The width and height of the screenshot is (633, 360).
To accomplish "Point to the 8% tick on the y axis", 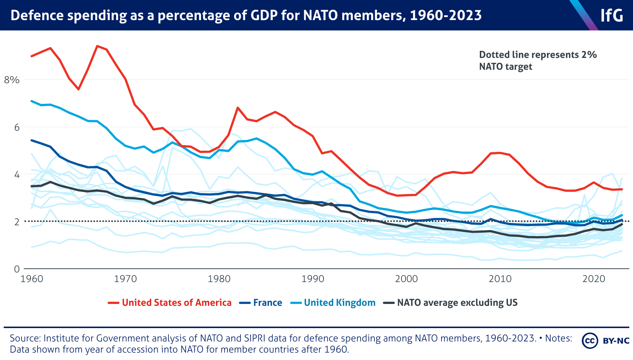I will click(11, 80).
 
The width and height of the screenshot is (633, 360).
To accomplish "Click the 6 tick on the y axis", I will click(16, 127).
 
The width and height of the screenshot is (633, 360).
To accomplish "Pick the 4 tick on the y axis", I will click(16, 174).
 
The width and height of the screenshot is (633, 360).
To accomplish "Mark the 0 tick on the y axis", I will click(16, 269).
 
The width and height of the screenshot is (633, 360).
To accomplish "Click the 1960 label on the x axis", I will click(32, 279).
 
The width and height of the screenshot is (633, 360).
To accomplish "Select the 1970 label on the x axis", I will click(125, 279).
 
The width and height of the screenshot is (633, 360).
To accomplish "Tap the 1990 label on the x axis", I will click(313, 279).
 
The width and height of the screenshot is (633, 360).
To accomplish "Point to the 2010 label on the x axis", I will click(500, 279).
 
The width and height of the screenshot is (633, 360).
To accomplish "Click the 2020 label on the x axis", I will click(594, 279).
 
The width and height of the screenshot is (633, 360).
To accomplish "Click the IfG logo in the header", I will click(611, 15).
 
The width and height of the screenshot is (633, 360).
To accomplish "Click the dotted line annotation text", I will click(538, 60).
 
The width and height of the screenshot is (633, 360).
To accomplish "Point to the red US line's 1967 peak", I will click(97, 46).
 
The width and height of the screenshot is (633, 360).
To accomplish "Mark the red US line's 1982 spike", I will click(238, 108).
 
